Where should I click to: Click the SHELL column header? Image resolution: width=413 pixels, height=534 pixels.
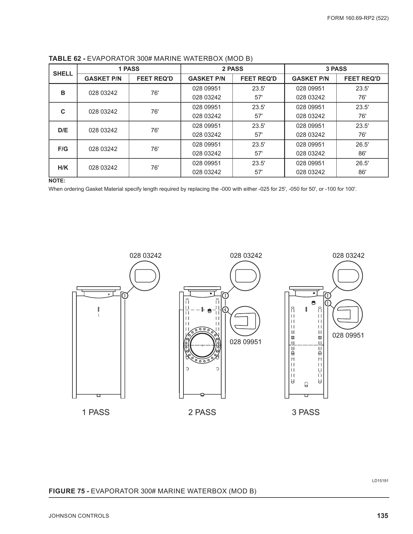pyautogui.click(x=63, y=74)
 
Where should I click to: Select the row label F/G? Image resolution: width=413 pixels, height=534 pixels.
pyautogui.click(x=63, y=149)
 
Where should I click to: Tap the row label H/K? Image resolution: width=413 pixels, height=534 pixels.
pyautogui.click(x=63, y=168)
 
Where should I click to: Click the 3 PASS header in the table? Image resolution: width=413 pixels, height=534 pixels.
pyautogui.click(x=336, y=69)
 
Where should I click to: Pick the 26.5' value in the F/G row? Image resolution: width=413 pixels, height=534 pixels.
pyautogui.click(x=362, y=144)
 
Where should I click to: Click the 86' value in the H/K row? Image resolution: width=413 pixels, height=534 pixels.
pyautogui.click(x=362, y=172)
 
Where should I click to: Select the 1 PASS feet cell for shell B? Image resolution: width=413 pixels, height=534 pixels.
pyautogui.click(x=154, y=93)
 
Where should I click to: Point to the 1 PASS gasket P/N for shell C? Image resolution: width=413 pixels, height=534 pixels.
pyautogui.click(x=103, y=112)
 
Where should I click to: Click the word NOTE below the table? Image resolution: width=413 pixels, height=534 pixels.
pyautogui.click(x=57, y=181)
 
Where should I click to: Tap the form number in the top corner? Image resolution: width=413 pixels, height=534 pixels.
pyautogui.click(x=358, y=18)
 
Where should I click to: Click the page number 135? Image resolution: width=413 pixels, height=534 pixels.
pyautogui.click(x=382, y=516)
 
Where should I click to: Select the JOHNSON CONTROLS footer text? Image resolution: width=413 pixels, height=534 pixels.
pyautogui.click(x=79, y=516)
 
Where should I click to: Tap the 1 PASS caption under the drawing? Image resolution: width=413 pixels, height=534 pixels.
pyautogui.click(x=96, y=412)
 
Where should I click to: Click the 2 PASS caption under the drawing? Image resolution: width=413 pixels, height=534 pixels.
pyautogui.click(x=202, y=412)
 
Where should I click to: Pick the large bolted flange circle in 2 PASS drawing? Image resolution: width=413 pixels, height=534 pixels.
pyautogui.click(x=202, y=345)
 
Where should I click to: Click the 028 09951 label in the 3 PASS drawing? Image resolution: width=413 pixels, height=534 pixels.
pyautogui.click(x=348, y=335)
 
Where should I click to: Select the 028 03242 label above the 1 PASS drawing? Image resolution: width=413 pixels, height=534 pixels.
pyautogui.click(x=145, y=255)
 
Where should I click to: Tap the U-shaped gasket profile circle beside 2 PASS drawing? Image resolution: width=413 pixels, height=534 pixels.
pyautogui.click(x=245, y=321)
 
